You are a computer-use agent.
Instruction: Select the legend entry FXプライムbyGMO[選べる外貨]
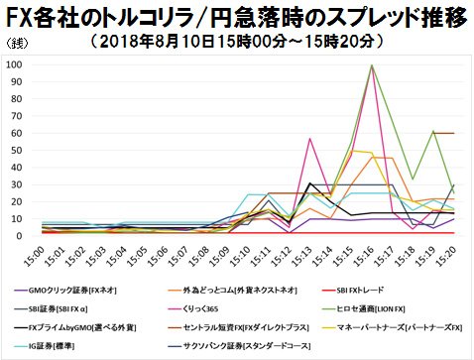coord(84,325)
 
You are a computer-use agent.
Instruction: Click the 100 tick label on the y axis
coord(15,64)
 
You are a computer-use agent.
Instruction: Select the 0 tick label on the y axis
coord(21,236)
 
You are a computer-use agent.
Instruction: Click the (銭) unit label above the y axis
coord(17,45)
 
